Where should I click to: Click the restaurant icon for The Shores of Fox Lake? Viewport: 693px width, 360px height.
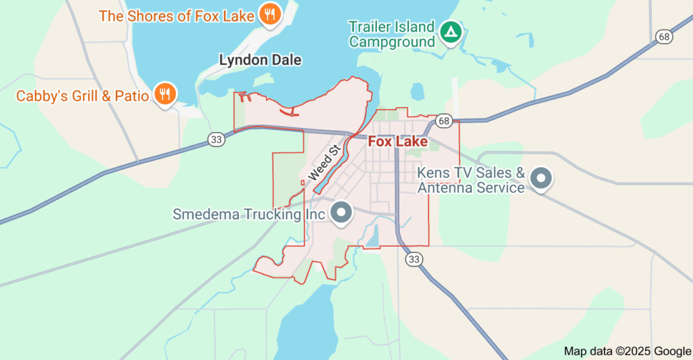[x=269, y=15]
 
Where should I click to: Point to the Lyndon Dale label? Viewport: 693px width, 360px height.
[x=260, y=60]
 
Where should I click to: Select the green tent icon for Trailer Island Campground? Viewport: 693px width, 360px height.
[x=450, y=31]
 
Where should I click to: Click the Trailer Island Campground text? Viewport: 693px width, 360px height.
[x=391, y=35]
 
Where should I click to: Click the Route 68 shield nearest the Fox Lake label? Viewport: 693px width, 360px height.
[x=444, y=120]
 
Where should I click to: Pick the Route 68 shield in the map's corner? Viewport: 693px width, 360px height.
[x=663, y=36]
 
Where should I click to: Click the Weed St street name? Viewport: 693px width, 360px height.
[x=323, y=162]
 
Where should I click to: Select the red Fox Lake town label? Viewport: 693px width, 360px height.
[x=397, y=142]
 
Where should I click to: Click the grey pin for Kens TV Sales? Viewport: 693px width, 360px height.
[x=541, y=179]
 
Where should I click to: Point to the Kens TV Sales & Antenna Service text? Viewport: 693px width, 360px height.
[x=471, y=180]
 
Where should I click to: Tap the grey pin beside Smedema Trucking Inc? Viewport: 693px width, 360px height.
[x=342, y=212]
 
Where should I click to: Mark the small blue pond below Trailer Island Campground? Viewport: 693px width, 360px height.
[x=416, y=91]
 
